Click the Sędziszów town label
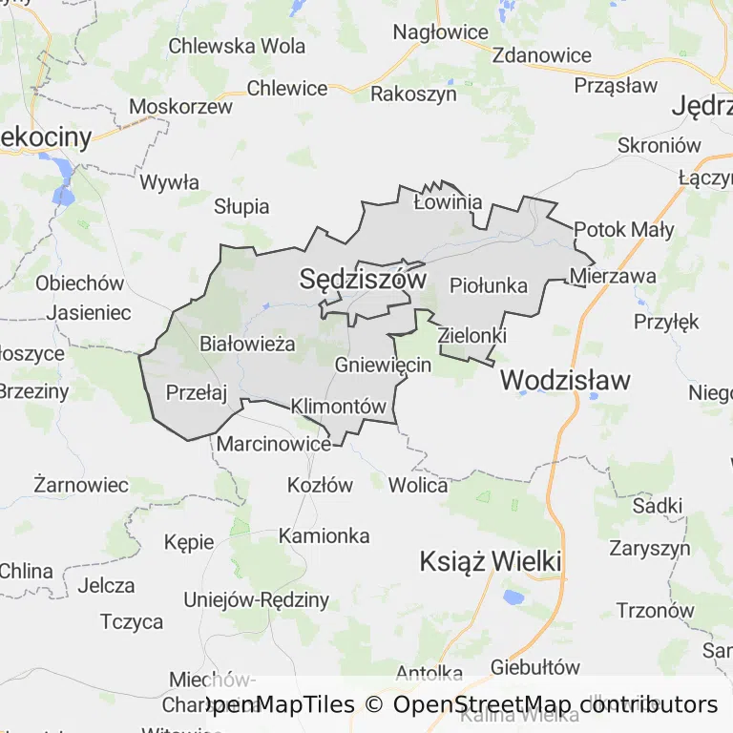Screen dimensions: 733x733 (x=362, y=279)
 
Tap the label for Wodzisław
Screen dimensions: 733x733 (x=565, y=380)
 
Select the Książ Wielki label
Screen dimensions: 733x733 (x=490, y=561)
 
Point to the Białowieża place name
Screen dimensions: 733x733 (x=247, y=344)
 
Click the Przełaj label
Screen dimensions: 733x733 (x=197, y=391)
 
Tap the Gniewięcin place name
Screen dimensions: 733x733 (x=384, y=365)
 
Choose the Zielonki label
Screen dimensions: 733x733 (x=471, y=336)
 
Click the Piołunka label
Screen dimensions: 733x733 (x=488, y=284)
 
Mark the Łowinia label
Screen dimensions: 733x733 (x=448, y=202)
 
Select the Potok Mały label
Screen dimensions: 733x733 (x=624, y=229)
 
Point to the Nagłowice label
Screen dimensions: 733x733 (x=441, y=32)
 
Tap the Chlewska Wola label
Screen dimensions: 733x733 (x=237, y=45)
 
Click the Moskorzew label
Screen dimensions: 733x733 (x=180, y=106)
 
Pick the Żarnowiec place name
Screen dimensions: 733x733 (x=80, y=484)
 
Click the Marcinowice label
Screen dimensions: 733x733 (x=274, y=444)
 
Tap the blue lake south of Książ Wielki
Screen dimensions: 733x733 (x=513, y=598)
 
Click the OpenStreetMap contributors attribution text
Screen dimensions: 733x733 (x=555, y=705)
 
